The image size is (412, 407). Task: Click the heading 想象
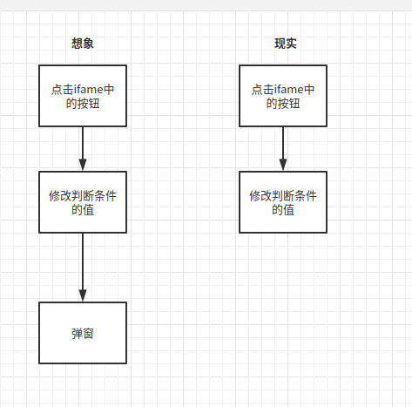tap(83, 44)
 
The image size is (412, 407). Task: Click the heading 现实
tap(285, 44)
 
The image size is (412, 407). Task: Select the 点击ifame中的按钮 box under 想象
tap(83, 96)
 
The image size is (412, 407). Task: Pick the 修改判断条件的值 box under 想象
tap(83, 202)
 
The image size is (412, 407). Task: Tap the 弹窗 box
tap(83, 333)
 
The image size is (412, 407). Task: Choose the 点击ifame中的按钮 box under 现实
tap(283, 96)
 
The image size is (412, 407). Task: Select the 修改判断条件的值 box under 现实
tap(283, 202)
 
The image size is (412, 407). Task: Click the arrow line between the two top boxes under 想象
tap(83, 144)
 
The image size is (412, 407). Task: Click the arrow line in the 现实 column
tap(283, 144)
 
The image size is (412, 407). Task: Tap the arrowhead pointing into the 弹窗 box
tap(83, 295)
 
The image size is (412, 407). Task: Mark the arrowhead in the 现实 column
tap(283, 165)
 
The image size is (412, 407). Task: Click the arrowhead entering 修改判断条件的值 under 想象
tap(83, 165)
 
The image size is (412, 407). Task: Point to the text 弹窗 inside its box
tap(83, 333)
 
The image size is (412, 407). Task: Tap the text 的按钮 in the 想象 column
tap(83, 104)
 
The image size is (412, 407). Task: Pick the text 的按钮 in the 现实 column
tap(283, 104)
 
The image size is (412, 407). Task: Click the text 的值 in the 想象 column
tap(83, 210)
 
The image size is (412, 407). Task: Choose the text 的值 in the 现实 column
tap(283, 210)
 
